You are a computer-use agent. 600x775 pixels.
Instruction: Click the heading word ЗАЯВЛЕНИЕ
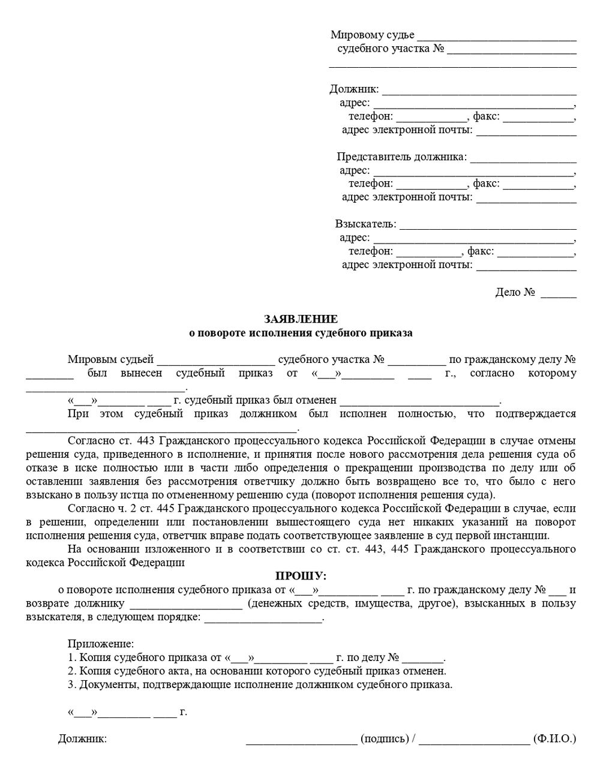(301, 319)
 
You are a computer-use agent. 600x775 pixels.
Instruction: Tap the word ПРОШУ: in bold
(301, 576)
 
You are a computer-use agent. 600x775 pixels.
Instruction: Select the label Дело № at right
(515, 293)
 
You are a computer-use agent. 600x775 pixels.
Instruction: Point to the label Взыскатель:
(365, 224)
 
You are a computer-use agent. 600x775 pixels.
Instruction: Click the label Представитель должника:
(401, 157)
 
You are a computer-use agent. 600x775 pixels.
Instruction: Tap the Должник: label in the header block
(354, 89)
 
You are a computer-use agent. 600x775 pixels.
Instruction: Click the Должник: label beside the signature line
(82, 738)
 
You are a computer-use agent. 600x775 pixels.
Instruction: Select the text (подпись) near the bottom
(385, 738)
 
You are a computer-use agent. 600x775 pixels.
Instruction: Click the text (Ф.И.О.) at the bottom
(554, 738)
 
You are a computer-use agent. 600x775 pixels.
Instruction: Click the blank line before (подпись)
(302, 740)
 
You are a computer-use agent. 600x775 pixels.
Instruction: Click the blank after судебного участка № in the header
(511, 50)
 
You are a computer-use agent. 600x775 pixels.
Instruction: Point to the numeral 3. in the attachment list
(72, 684)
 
